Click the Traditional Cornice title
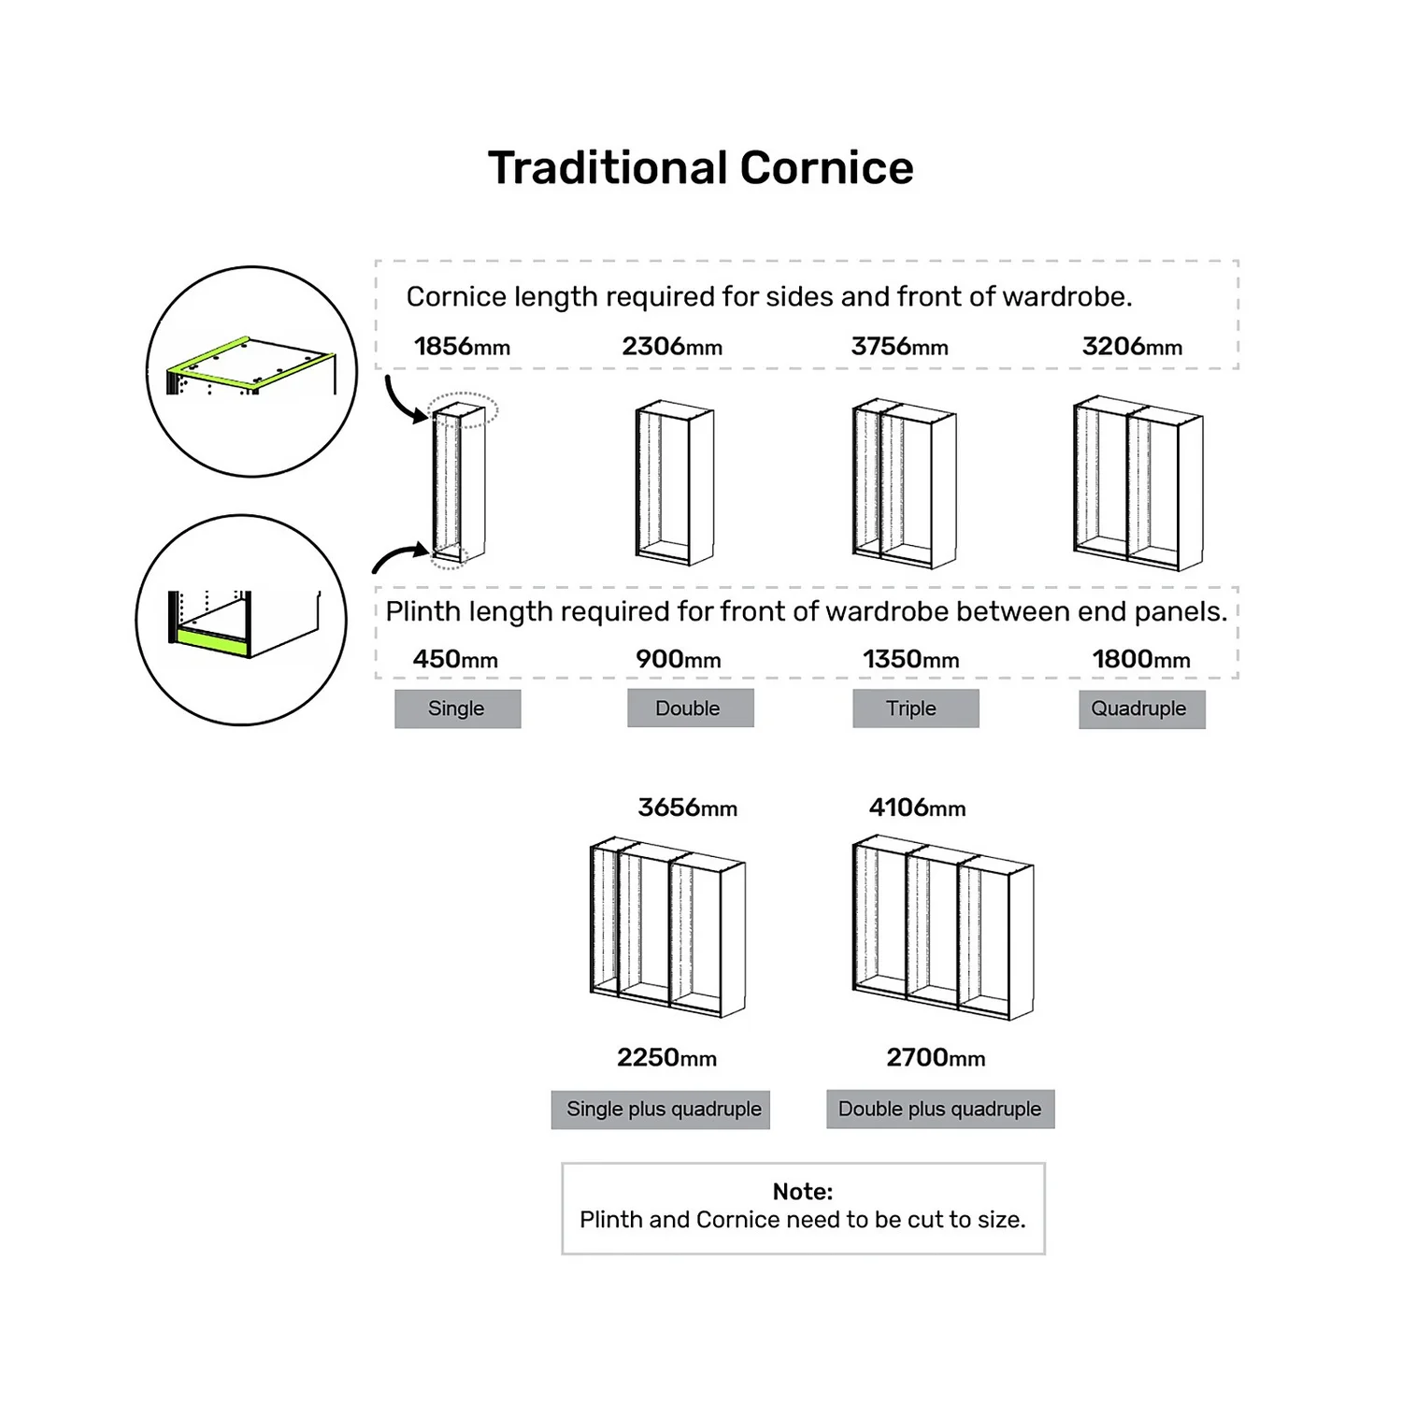tap(700, 168)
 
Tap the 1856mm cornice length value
tap(462, 347)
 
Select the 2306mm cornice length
tap(672, 347)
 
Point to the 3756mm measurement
tap(899, 347)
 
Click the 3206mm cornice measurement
tap(1132, 347)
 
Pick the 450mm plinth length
tap(455, 659)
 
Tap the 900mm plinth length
tap(678, 659)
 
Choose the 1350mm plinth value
tap(910, 659)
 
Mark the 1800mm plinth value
tap(1141, 659)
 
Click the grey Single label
tap(457, 708)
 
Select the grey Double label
tap(690, 708)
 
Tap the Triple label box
tap(915, 708)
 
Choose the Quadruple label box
tap(1141, 708)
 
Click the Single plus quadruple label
tap(661, 1109)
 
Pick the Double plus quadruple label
tap(939, 1109)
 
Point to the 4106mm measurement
tap(917, 808)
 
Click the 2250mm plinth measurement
tap(666, 1058)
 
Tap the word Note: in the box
tap(802, 1192)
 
